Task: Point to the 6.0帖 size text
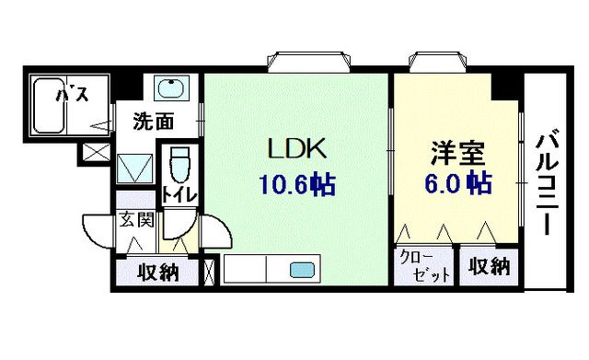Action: pos(456,184)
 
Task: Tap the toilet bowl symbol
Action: pos(180,164)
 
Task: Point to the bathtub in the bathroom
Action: pos(55,107)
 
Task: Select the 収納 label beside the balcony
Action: pos(488,267)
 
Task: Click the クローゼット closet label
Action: pos(425,267)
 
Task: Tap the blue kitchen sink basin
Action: pos(301,271)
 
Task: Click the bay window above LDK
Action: pos(309,61)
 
